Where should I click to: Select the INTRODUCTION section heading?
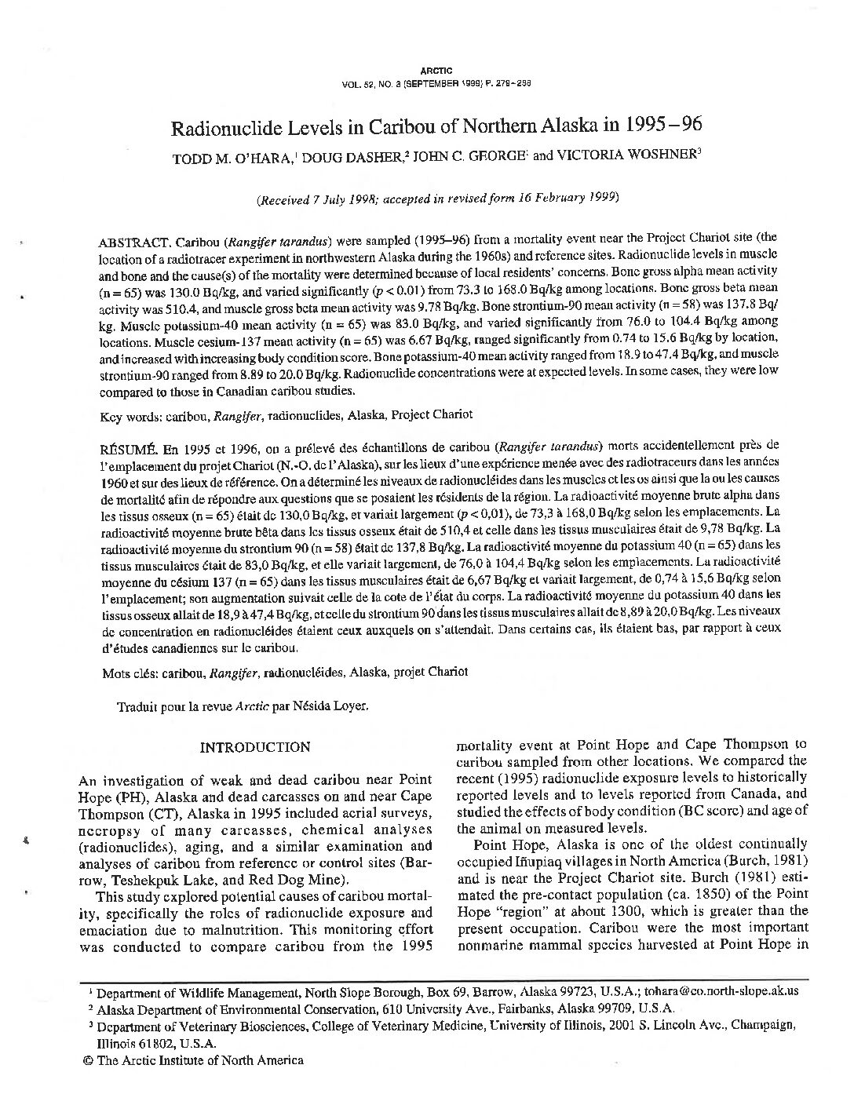click(255, 747)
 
